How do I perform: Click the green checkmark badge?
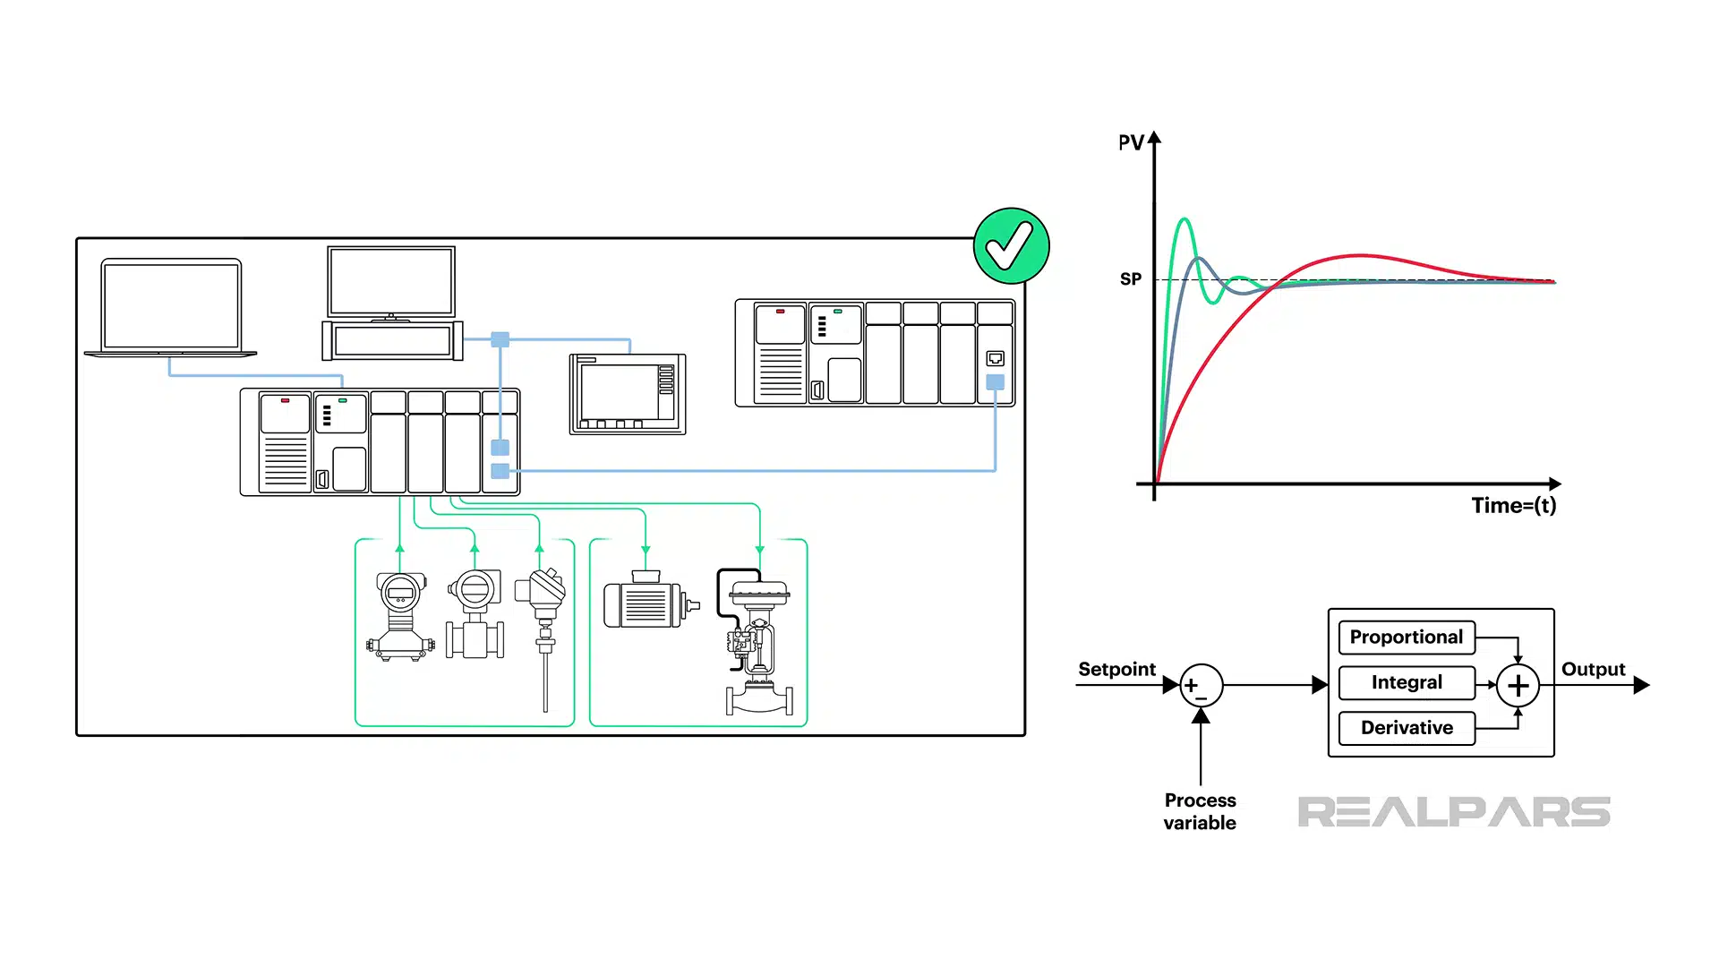(x=1011, y=246)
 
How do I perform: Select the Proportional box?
(x=1406, y=637)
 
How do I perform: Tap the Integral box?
(x=1406, y=682)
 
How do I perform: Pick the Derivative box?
(x=1406, y=728)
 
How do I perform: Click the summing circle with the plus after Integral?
(x=1518, y=686)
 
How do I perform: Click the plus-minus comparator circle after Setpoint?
(x=1201, y=686)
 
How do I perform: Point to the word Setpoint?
(x=1116, y=669)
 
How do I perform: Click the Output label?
(x=1593, y=669)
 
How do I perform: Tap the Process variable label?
(x=1200, y=811)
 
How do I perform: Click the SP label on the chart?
(x=1131, y=279)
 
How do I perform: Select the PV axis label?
(x=1131, y=142)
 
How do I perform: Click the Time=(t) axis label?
(x=1513, y=506)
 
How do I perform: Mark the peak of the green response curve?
(x=1184, y=219)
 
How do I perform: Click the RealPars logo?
(x=1453, y=812)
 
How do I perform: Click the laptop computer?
(x=171, y=307)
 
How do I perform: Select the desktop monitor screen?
(x=391, y=282)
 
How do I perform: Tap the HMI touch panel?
(x=627, y=394)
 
